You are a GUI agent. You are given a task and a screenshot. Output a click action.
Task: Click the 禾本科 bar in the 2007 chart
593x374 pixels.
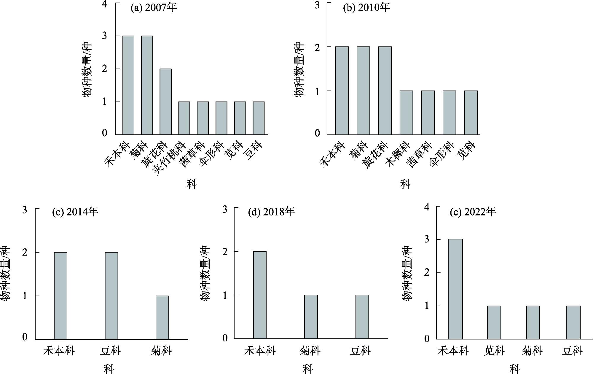128,85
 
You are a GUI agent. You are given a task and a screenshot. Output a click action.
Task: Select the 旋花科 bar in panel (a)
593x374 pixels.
165,102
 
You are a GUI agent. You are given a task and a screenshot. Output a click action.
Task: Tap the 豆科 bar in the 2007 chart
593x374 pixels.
258,118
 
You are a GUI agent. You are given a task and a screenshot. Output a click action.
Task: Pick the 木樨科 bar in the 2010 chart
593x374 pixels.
406,113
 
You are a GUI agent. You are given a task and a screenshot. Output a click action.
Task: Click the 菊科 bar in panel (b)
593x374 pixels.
363,91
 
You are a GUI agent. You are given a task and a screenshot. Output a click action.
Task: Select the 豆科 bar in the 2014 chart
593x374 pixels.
111,296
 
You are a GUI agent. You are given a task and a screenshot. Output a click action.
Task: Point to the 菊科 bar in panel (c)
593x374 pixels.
162,318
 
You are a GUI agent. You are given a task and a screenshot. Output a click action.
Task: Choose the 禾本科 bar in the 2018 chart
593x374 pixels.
260,295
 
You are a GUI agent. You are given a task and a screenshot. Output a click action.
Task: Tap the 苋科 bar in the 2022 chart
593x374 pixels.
494,322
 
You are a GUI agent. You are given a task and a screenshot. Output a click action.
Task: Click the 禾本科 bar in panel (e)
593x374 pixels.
455,289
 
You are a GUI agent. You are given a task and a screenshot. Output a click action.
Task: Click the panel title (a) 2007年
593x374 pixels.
154,8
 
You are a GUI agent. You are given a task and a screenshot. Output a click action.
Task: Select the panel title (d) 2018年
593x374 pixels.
271,212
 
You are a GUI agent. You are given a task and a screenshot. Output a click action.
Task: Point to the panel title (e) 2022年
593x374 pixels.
473,212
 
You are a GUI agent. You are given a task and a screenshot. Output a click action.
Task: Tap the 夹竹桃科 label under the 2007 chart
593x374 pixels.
170,159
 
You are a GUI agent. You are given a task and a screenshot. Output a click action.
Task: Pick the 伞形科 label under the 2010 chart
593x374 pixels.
442,154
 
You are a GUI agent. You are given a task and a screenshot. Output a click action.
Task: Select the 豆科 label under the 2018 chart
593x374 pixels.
360,351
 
